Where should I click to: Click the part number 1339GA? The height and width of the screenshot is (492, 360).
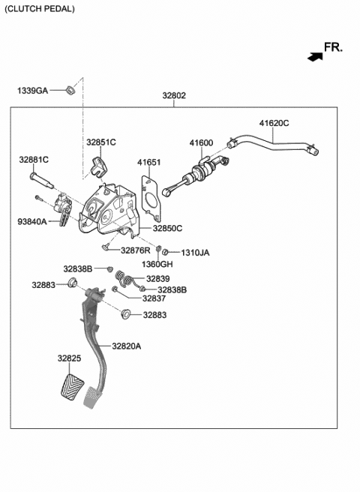pos(32,91)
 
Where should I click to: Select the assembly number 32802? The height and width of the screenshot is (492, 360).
pos(174,96)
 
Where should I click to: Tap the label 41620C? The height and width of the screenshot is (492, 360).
pos(274,123)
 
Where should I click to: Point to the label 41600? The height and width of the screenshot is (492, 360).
pos(201,142)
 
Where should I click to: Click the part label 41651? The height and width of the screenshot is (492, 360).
pos(148,161)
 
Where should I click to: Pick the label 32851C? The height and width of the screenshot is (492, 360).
pos(100,142)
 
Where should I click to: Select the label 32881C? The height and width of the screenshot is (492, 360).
pos(34,160)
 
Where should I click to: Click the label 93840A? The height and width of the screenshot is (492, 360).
pos(33,221)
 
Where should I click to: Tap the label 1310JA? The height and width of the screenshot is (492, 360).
pos(194,253)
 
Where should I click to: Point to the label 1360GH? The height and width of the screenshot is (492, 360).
pos(157,265)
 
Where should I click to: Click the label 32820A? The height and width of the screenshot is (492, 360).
pos(127,346)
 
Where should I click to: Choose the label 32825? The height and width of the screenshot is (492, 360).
pos(69,358)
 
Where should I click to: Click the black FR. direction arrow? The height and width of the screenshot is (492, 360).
pos(313,55)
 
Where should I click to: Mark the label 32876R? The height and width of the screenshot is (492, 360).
pos(136,250)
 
